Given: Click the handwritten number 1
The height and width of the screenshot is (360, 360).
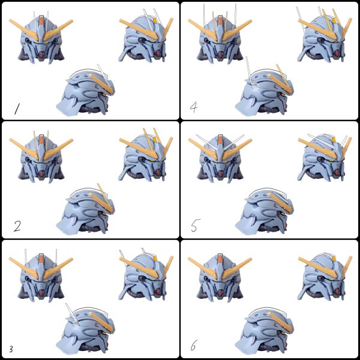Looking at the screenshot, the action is coord(17,109).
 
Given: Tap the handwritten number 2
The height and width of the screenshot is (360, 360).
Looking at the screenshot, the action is coord(17,226).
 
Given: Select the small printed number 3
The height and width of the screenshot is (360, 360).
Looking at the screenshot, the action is coord(11,349).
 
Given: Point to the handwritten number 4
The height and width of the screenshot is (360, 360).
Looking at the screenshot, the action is coord(194,107).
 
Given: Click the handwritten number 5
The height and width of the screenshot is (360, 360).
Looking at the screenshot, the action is coord(196,225).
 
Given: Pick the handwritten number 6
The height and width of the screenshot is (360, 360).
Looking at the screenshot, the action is coord(194,345).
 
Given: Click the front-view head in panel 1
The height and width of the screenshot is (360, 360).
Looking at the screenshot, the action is coord(41,37).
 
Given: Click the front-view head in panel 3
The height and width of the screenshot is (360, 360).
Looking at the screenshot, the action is coord(41,275).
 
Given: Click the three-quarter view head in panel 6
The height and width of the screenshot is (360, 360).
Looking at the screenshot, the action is coord(325,277).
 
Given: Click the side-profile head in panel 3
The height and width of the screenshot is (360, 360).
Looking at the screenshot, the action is coord(86,329).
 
